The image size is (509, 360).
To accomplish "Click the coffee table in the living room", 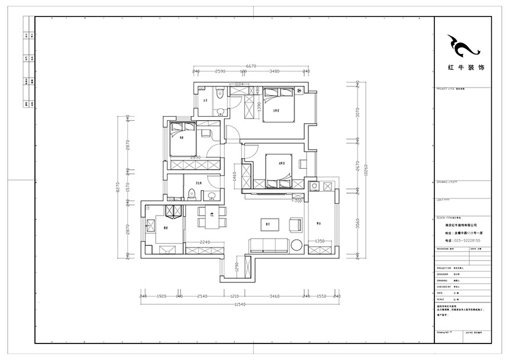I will click(268, 224).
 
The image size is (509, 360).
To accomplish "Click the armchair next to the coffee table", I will click(295, 224).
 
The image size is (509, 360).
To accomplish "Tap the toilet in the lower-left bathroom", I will click(192, 193).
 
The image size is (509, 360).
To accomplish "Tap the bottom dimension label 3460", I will click(273, 295).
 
